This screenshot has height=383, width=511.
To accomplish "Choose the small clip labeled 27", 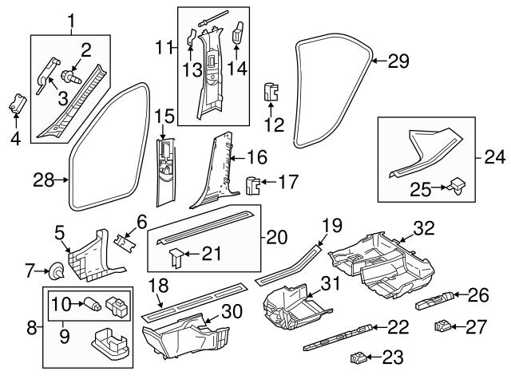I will point(444,326).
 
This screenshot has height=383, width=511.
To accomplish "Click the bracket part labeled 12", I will point(271,93).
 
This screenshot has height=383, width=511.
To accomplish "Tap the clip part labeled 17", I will point(253,186).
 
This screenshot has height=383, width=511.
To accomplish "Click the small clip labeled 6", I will point(123,239).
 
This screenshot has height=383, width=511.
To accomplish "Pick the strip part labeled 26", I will point(435,300).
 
